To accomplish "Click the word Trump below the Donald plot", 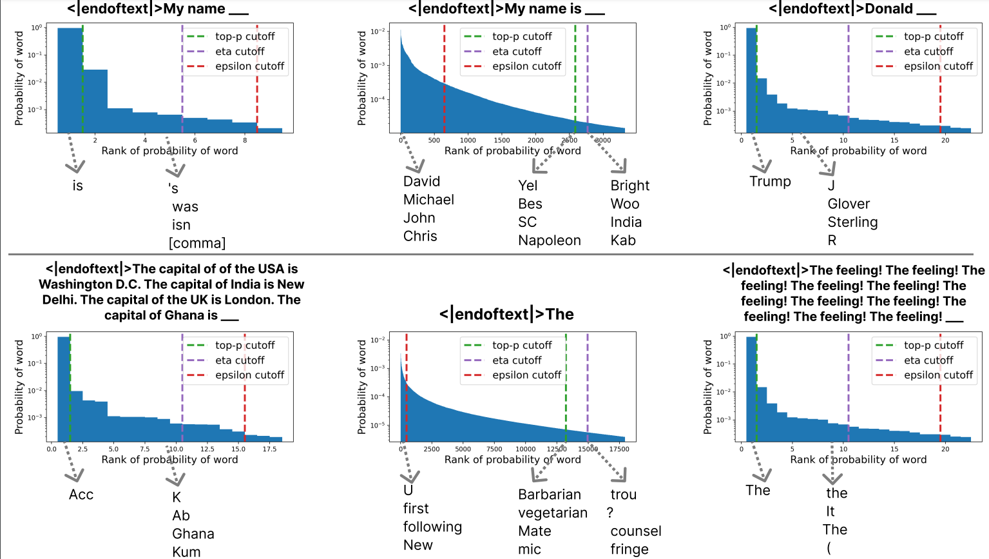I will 770,182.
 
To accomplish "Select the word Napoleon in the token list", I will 549,240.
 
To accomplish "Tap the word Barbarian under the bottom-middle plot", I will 549,495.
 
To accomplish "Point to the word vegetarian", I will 553,513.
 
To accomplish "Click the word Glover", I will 849,204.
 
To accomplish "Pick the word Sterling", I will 852,222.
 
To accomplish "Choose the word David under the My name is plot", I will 421,182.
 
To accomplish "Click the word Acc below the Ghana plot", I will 81,495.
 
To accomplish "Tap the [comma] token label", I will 197,244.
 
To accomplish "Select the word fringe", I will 629,549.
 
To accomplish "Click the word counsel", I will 636,531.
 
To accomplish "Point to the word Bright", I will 629,186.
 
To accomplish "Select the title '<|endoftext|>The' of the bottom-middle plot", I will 506,315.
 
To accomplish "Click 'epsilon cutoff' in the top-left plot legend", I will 249,66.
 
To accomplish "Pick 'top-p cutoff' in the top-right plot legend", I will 933,37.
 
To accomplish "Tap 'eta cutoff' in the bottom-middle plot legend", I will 517,360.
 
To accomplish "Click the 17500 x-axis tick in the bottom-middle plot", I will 619,449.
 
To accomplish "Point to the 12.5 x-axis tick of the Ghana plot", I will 207,449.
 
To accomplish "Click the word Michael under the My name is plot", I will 428,200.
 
